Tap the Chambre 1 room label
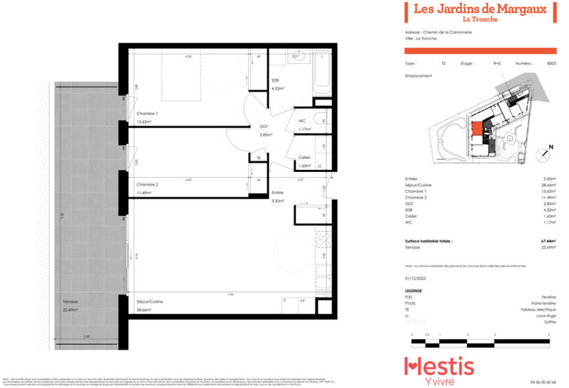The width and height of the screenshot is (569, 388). (x=147, y=114)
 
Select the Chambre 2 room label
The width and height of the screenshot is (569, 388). (x=147, y=184)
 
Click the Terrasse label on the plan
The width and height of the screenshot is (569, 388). (x=70, y=301)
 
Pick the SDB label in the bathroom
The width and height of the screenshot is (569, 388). (x=275, y=80)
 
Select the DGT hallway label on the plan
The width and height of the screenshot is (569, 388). (x=263, y=126)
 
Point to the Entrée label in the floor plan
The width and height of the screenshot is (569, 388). (x=277, y=193)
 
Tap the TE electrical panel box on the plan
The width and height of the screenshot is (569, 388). (x=259, y=157)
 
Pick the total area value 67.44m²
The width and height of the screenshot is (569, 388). (x=547, y=242)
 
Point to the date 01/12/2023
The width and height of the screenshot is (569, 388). (x=415, y=279)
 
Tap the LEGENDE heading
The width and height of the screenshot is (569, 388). (x=414, y=290)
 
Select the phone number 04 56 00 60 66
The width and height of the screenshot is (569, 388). (x=543, y=382)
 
